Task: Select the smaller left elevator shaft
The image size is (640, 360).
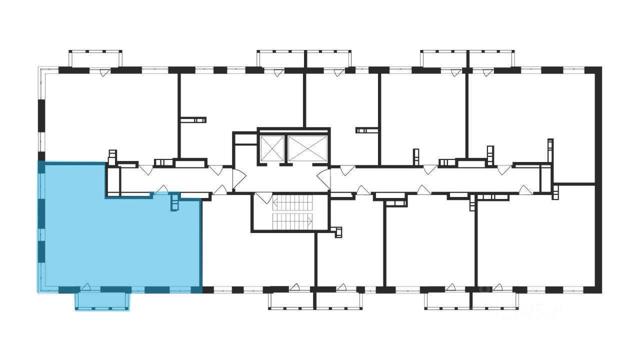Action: point(271,147)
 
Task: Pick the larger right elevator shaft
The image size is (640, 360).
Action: point(307,147)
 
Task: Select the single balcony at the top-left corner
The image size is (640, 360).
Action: point(95,58)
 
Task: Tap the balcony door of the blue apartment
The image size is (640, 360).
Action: point(86,287)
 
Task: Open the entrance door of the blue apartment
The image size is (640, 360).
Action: point(161,190)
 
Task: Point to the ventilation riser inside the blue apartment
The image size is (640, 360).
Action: point(174,202)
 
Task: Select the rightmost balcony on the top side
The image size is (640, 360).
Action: point(491,58)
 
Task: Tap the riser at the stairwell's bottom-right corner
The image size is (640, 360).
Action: point(338,231)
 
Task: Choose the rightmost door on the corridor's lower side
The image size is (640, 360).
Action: point(523,189)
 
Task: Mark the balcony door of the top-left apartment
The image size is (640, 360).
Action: point(103,73)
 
